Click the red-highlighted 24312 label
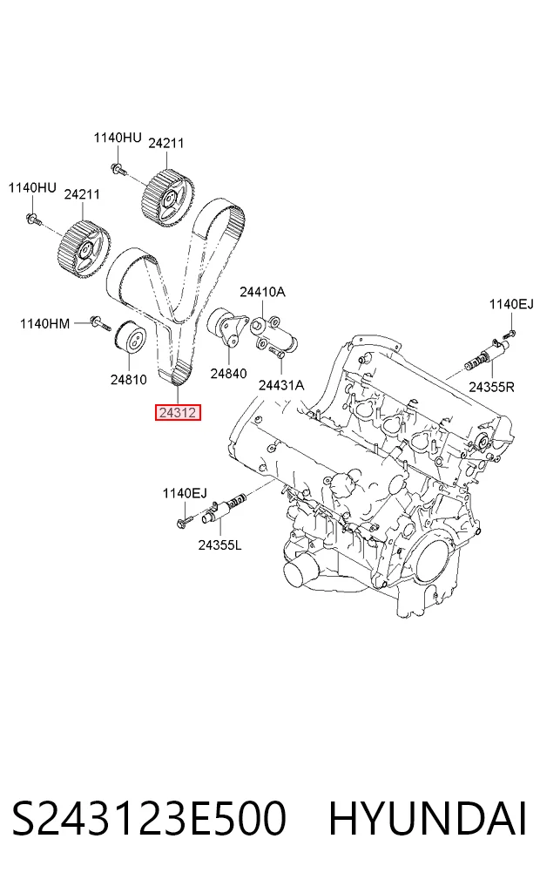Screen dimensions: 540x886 (178, 413)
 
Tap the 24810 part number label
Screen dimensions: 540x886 (128, 379)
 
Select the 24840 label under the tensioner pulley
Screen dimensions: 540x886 (228, 373)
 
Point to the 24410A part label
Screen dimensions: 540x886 (262, 292)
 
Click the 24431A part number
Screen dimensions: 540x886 (281, 385)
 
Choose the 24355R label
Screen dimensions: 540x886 (491, 387)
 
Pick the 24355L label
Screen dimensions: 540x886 (219, 545)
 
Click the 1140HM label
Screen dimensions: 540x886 (44, 324)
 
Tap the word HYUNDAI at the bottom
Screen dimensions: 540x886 (428, 819)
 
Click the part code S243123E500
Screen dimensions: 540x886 (149, 819)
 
